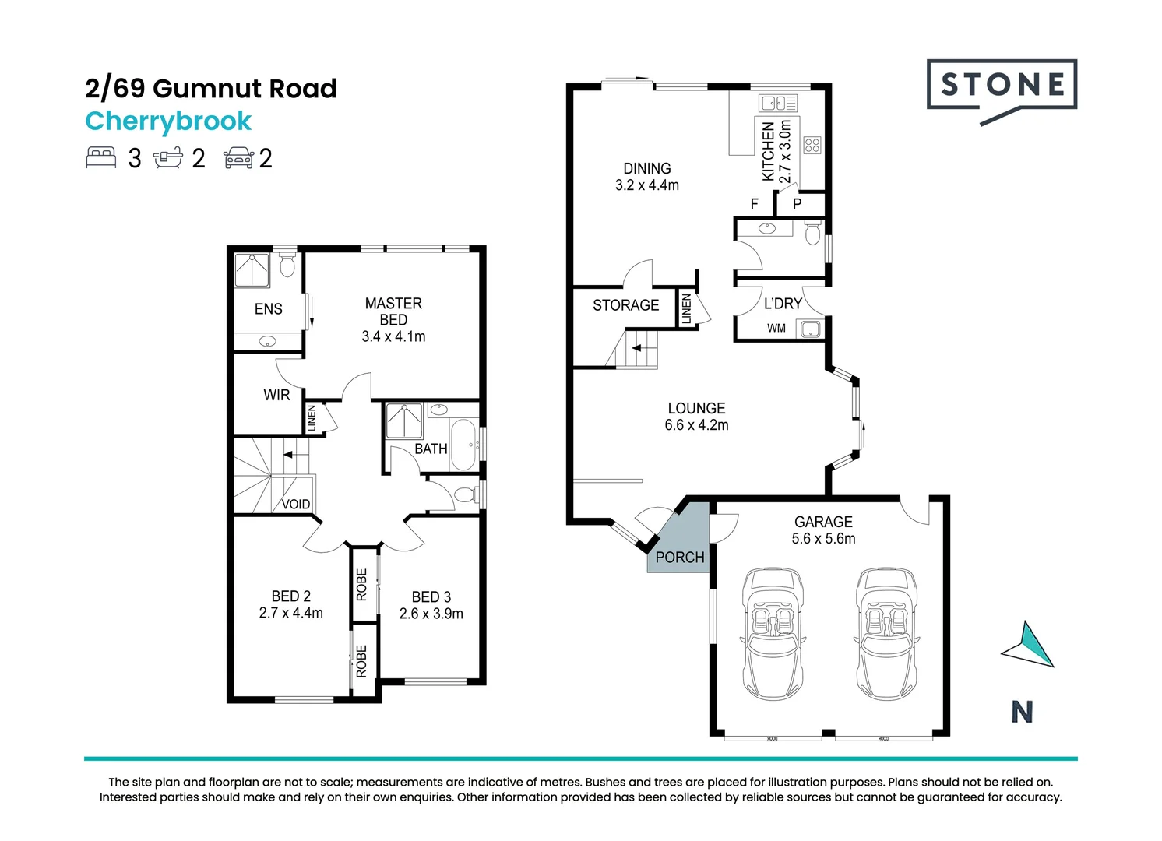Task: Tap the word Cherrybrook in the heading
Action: [168, 121]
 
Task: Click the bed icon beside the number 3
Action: [101, 157]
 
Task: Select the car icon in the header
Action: [239, 158]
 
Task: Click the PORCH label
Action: [680, 558]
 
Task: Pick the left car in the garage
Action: [773, 633]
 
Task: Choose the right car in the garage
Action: [886, 633]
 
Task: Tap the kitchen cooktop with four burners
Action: [812, 145]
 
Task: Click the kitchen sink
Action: [777, 103]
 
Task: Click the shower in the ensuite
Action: [252, 269]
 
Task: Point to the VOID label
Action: [296, 504]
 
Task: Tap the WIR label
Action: [276, 396]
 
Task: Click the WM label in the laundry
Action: [776, 328]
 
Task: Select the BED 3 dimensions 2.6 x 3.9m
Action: [431, 614]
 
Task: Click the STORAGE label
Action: [625, 305]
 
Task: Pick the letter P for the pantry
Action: [798, 205]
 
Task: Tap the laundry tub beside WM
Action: [810, 329]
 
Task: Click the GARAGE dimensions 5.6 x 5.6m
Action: [823, 539]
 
